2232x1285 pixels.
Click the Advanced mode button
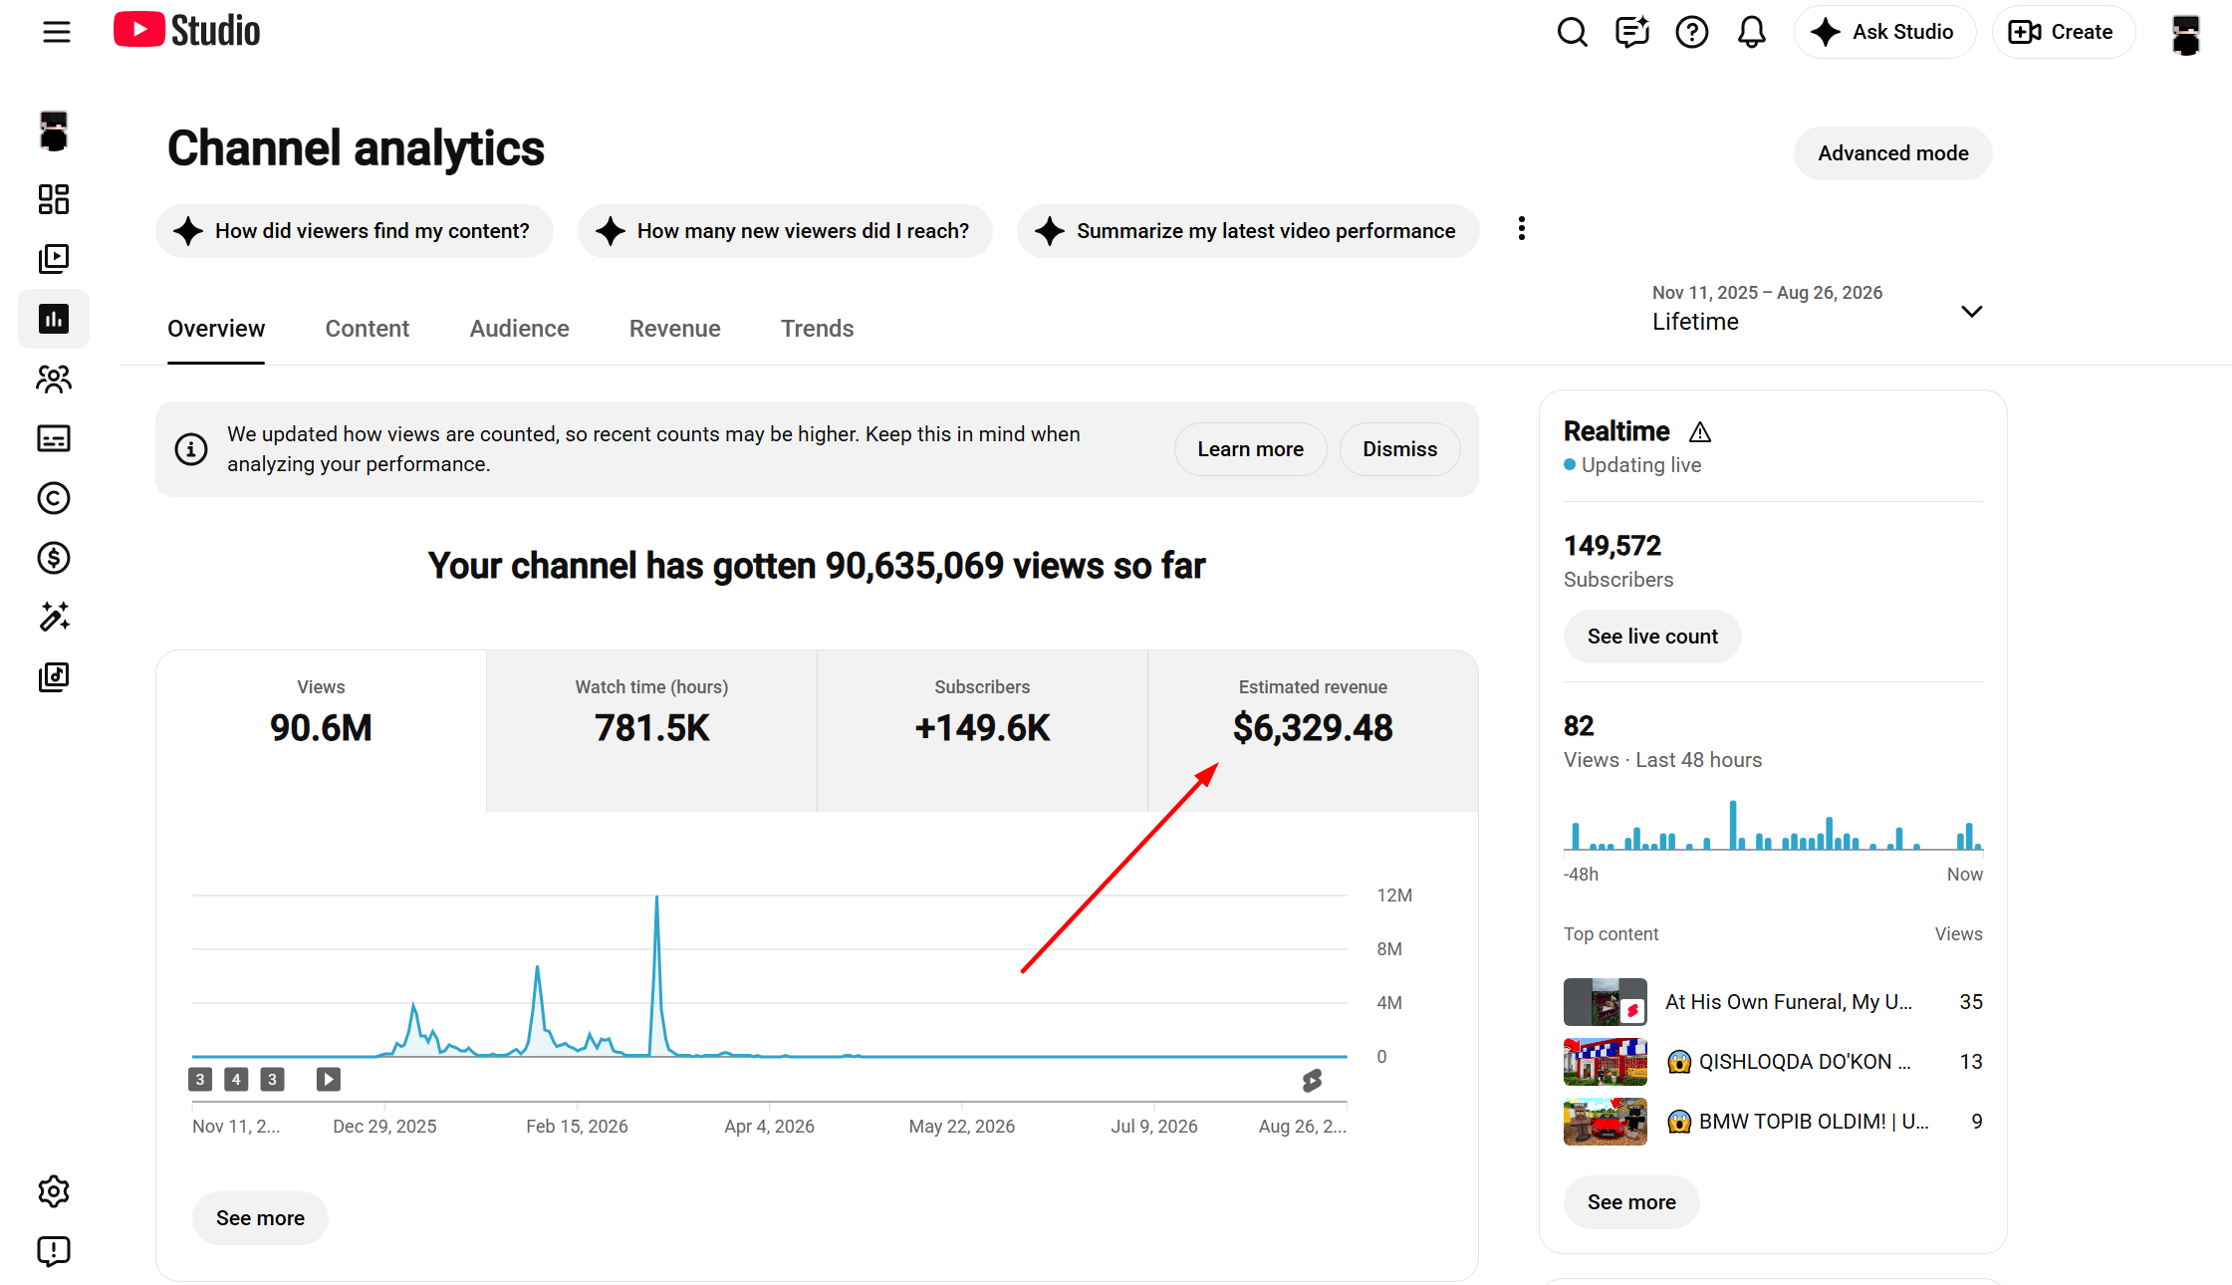1892,153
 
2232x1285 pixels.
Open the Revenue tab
674,329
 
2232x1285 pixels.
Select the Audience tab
519,329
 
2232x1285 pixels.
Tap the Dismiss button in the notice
1399,449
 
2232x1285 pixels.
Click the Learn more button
1250,449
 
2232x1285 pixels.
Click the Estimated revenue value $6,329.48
1313,728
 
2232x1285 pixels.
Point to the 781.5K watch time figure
651,728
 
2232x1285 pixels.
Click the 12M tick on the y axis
1394,896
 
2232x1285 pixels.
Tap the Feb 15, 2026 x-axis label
577,1127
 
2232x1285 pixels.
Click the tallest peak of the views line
656,898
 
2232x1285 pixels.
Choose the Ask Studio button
1883,32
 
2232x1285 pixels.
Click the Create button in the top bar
2063,32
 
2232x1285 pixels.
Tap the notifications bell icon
1752,32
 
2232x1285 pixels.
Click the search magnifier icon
1573,32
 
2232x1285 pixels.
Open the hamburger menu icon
57,32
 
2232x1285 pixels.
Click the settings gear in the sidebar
54,1191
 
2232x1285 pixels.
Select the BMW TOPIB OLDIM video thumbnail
1605,1122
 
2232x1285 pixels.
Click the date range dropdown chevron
1971,312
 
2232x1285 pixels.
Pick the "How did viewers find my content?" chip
354,231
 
